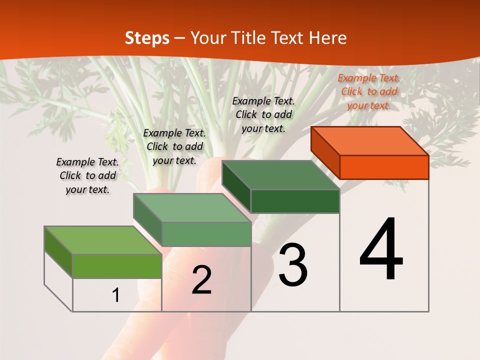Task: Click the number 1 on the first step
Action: [116, 295]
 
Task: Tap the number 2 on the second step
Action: [202, 280]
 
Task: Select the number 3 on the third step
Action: [293, 265]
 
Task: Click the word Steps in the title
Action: [147, 38]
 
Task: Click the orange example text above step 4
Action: [369, 91]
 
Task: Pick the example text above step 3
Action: [263, 114]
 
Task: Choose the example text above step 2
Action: [174, 146]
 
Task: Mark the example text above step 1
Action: [87, 175]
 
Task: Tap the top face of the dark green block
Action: [281, 175]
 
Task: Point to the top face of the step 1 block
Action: [103, 240]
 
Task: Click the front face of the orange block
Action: [384, 167]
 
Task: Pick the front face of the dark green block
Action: [295, 201]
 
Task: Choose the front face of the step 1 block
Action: [117, 266]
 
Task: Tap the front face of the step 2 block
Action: [206, 234]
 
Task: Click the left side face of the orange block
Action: [325, 152]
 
